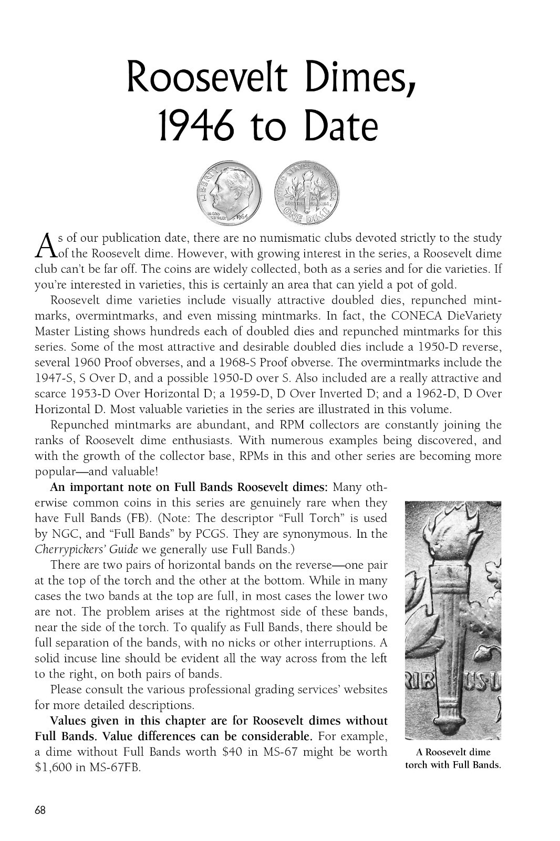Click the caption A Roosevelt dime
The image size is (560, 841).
pos(453,752)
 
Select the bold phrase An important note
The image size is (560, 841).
pos(110,487)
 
